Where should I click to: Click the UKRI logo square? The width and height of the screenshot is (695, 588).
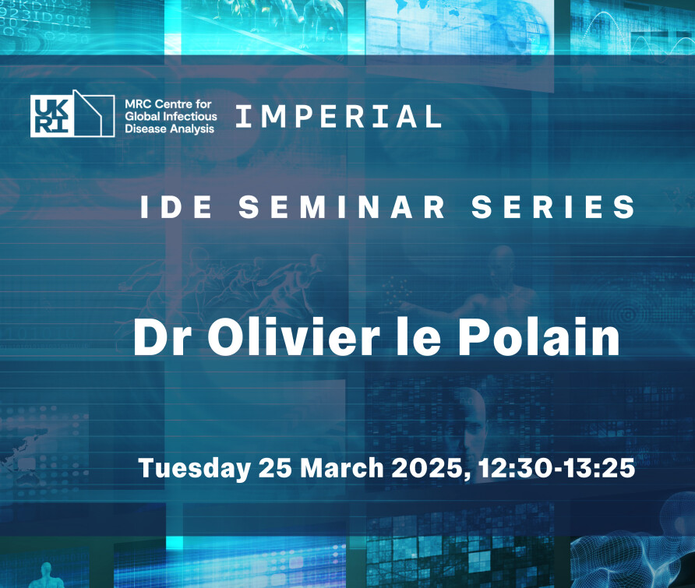pyautogui.click(x=51, y=115)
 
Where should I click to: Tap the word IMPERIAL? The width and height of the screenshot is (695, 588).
pyautogui.click(x=339, y=117)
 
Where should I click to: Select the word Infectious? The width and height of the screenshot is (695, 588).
pyautogui.click(x=191, y=117)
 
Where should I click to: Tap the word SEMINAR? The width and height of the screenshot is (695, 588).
pyautogui.click(x=342, y=206)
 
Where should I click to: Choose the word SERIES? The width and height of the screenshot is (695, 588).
pyautogui.click(x=553, y=206)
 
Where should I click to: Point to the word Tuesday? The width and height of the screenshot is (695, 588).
pyautogui.click(x=194, y=469)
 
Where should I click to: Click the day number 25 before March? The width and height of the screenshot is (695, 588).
pyautogui.click(x=275, y=468)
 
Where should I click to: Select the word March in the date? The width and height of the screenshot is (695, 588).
pyautogui.click(x=342, y=468)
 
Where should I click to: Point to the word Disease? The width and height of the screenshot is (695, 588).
pyautogui.click(x=143, y=129)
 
